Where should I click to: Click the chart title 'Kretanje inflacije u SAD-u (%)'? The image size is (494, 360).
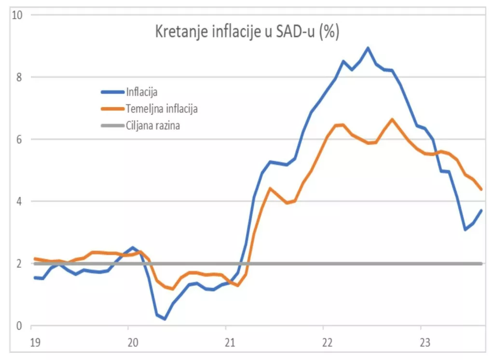click(x=247, y=32)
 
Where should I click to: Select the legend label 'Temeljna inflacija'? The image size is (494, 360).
click(x=162, y=109)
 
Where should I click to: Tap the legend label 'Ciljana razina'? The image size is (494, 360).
click(x=153, y=126)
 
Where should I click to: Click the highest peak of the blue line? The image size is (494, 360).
click(x=368, y=48)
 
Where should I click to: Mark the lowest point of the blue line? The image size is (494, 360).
click(x=165, y=319)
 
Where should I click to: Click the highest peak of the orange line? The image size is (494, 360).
click(x=392, y=119)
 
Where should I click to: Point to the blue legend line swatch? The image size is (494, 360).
click(x=111, y=92)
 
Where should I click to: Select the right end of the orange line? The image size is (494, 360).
click(x=481, y=189)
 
